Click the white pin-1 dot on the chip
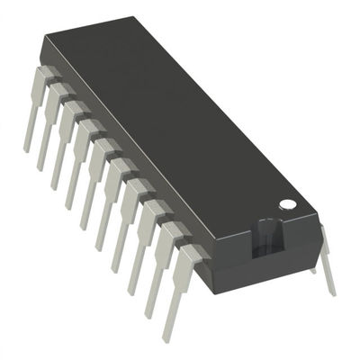[x=286, y=204]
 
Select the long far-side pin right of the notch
[x=326, y=261]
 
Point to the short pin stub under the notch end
[x=313, y=263]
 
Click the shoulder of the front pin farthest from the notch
[x=43, y=72]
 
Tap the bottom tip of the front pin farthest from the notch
[x=27, y=148]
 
